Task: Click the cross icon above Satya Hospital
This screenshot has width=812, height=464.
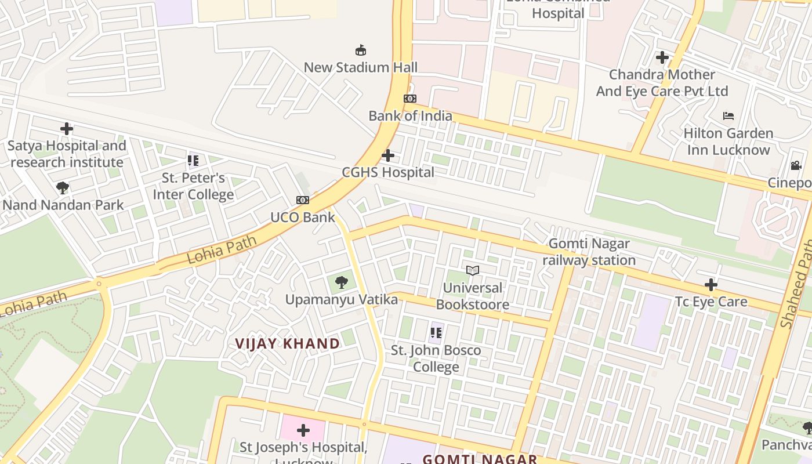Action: (x=67, y=129)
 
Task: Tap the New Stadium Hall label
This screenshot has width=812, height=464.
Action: (x=361, y=67)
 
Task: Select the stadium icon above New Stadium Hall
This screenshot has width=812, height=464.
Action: (x=361, y=50)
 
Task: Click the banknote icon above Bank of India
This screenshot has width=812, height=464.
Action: (x=410, y=99)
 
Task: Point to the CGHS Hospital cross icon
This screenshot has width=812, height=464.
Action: (x=388, y=155)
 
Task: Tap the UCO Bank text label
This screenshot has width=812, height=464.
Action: (x=303, y=217)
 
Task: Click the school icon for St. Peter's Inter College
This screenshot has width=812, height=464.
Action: (x=193, y=161)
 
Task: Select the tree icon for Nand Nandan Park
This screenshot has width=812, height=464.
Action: (x=63, y=188)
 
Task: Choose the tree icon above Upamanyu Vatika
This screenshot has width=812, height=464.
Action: (x=342, y=282)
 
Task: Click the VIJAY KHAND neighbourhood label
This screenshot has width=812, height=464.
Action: (x=288, y=343)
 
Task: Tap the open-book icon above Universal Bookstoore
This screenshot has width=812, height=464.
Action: (x=473, y=270)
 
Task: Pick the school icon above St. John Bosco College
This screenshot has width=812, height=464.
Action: (x=436, y=333)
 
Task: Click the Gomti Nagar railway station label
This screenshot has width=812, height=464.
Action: (x=589, y=252)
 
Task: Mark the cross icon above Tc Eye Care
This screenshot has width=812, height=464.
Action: (x=711, y=285)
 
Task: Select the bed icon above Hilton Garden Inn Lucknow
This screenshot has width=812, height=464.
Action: (x=728, y=116)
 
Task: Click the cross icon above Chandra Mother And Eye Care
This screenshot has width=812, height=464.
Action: (x=662, y=57)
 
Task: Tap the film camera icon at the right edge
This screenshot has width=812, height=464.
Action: (x=796, y=166)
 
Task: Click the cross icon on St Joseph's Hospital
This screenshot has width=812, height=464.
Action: (x=303, y=430)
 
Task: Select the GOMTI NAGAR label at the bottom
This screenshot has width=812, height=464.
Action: (x=480, y=459)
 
